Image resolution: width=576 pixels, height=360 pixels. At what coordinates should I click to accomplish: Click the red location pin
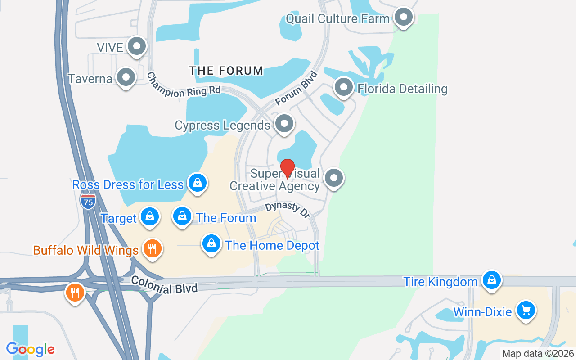[x=288, y=169]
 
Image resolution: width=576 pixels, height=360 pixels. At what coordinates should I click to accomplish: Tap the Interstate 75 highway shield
[x=88, y=201]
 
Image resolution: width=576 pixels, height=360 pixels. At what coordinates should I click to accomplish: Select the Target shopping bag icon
[x=150, y=217]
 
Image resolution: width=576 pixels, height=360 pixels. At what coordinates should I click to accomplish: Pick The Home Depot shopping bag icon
[x=211, y=244]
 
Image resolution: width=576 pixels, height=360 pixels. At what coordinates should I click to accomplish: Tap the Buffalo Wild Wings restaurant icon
[x=153, y=248]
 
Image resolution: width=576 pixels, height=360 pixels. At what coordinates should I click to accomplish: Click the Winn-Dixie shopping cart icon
[x=525, y=310]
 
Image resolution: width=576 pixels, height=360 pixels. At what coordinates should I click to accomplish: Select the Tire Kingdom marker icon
[x=492, y=280]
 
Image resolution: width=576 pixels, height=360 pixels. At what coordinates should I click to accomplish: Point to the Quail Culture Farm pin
[x=404, y=18]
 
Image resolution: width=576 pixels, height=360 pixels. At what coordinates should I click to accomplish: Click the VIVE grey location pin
[x=136, y=46]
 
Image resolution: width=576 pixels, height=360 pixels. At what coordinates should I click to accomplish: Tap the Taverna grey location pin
[x=126, y=77]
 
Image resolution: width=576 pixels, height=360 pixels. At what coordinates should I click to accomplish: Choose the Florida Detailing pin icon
[x=344, y=87]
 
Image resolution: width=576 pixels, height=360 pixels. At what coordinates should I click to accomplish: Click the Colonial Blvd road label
[x=164, y=285]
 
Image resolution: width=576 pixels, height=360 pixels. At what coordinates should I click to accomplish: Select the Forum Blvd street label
[x=296, y=88]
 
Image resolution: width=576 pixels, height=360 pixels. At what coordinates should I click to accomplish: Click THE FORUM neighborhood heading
[x=226, y=71]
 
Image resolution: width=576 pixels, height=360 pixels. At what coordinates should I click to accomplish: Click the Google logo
[x=30, y=349]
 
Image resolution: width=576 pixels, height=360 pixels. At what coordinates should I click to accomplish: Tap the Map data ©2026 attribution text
[x=538, y=353]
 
